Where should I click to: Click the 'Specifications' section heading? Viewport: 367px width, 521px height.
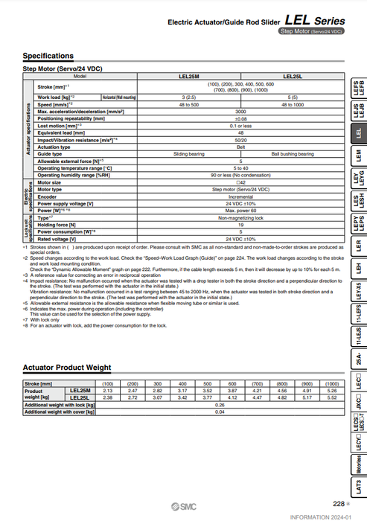coord(48,56)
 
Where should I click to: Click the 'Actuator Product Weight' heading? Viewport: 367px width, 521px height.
coord(67,368)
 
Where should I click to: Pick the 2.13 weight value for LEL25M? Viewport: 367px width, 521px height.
coord(106,390)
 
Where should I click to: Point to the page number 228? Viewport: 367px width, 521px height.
coord(339,503)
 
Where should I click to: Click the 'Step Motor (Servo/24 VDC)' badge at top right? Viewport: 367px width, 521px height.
coord(312,31)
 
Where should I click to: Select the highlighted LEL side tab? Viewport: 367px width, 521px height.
coord(358,133)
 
